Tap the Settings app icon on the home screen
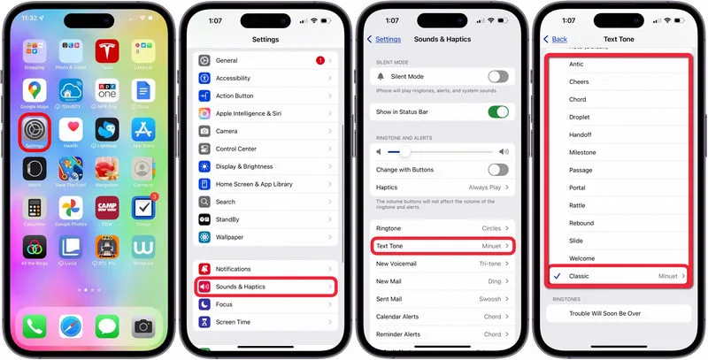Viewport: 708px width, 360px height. [35, 129]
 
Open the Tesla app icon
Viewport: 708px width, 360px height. [107, 49]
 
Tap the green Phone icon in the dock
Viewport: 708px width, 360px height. [35, 326]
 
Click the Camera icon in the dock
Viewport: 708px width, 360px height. [142, 326]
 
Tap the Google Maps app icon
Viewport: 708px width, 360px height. [35, 89]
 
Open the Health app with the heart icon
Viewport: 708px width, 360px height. [71, 129]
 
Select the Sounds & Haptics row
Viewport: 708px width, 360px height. [265, 287]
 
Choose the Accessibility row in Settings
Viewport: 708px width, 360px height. [265, 78]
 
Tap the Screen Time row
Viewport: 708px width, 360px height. [265, 322]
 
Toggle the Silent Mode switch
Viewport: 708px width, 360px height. [498, 77]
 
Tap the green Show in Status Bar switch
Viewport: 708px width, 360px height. [498, 112]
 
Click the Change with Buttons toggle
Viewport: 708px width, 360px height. [498, 169]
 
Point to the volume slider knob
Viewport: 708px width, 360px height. [404, 152]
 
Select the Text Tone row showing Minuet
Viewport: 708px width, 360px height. [442, 246]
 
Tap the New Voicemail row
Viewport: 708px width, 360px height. [442, 264]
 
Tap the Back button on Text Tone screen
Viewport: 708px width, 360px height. [555, 39]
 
